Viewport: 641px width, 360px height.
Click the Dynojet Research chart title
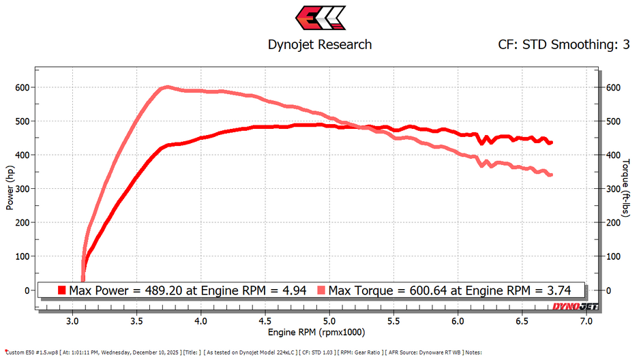point(320,44)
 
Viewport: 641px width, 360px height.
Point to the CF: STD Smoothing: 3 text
point(563,45)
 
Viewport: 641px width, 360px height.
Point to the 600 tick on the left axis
point(23,87)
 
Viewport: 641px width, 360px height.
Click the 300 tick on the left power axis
point(23,189)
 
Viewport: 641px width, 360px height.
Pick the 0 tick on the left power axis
point(28,290)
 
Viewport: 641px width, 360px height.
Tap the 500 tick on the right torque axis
point(613,121)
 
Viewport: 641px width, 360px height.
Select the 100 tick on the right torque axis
point(613,256)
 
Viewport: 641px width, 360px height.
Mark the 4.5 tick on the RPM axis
point(265,320)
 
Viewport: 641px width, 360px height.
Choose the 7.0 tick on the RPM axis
point(586,320)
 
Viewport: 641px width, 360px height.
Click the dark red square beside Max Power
point(62,290)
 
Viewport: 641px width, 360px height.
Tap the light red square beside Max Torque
point(321,290)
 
